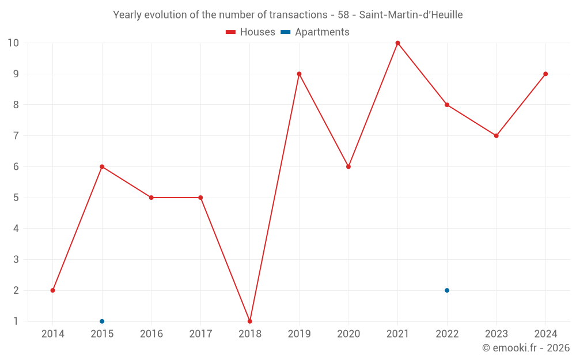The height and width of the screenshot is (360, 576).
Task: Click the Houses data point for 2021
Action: point(397,43)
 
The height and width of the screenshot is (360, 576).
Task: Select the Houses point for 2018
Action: point(250,321)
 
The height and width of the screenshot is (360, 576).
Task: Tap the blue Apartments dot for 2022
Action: point(447,290)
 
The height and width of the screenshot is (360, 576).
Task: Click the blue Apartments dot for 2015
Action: point(102,321)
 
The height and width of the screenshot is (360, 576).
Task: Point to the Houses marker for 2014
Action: point(53,290)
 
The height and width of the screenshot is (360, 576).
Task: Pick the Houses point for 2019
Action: point(299,74)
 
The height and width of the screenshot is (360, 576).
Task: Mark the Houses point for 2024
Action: point(545,74)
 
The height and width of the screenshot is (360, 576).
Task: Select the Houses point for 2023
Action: point(496,136)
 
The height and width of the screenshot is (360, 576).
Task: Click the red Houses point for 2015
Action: point(102,166)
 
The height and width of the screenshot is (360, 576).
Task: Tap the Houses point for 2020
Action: point(348,166)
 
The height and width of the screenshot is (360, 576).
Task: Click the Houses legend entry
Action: point(251,32)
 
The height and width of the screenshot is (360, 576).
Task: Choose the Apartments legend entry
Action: point(315,32)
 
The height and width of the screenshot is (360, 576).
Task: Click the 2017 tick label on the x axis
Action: point(200,334)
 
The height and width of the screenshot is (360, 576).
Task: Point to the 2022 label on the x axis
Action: point(447,334)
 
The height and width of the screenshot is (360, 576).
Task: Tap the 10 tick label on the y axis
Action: point(13,43)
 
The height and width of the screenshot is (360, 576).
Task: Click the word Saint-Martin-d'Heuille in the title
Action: point(411,15)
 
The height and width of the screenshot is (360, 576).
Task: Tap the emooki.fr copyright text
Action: point(526,348)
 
